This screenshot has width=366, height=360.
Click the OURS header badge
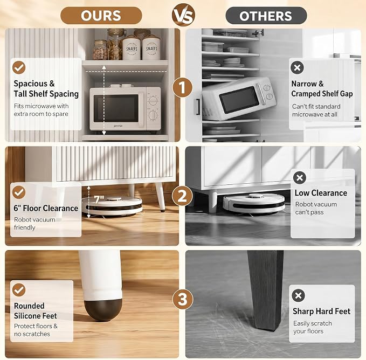click(x=101, y=16)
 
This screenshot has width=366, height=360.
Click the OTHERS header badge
click(x=266, y=16)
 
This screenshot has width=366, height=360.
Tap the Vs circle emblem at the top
click(x=183, y=15)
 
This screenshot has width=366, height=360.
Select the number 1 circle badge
click(x=183, y=87)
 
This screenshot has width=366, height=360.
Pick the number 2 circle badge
click(x=183, y=196)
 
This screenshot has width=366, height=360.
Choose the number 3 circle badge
click(x=183, y=299)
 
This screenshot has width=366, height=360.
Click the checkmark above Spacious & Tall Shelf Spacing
click(x=19, y=68)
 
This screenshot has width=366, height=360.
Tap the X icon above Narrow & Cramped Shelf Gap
click(x=297, y=68)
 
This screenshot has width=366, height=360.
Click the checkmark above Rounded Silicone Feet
click(x=19, y=290)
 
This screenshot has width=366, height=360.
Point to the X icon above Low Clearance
click(x=300, y=178)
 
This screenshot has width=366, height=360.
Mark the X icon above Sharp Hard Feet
click(x=298, y=295)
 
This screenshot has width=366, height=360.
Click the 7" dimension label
click(x=99, y=199)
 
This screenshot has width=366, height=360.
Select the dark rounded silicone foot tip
click(x=103, y=309)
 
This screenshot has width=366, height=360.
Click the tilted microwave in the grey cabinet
click(x=239, y=99)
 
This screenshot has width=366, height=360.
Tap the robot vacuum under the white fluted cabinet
click(x=112, y=205)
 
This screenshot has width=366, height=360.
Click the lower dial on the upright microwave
click(x=153, y=115)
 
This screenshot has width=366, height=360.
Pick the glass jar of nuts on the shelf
click(x=101, y=50)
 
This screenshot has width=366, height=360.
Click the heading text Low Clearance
click(x=321, y=193)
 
